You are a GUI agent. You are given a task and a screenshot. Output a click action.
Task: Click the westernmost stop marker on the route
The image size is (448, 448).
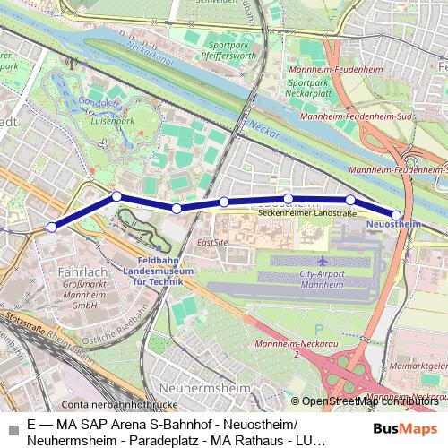point(52,228)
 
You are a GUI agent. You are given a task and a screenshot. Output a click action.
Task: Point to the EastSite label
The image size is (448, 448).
point(212,243)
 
